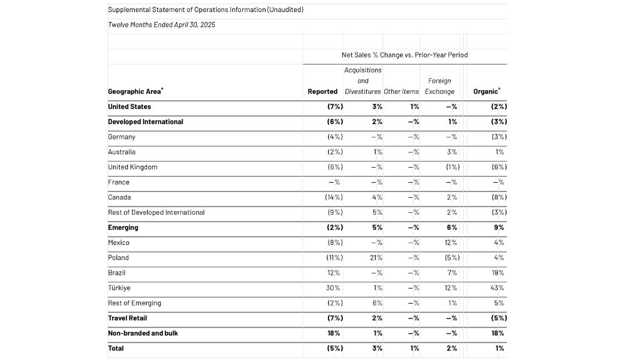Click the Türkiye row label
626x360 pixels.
point(119,288)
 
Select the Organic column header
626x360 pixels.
point(486,91)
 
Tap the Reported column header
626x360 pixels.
point(322,91)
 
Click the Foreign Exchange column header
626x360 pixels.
point(439,86)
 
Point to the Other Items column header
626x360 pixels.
point(401,91)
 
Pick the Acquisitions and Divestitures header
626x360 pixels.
point(362,81)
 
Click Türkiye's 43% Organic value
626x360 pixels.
point(498,288)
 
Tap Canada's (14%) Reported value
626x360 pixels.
point(333,197)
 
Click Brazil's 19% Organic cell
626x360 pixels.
point(498,273)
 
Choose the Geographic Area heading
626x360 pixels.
point(135,91)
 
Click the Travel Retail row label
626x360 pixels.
point(127,318)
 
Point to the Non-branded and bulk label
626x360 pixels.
point(143,333)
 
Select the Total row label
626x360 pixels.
point(116,348)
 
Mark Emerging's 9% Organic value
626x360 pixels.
point(499,228)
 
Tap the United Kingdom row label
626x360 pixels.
point(133,167)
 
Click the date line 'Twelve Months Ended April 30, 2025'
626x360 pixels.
point(162,25)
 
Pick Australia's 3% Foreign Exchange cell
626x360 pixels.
point(451,152)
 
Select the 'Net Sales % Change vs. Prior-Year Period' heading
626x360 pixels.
point(404,55)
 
